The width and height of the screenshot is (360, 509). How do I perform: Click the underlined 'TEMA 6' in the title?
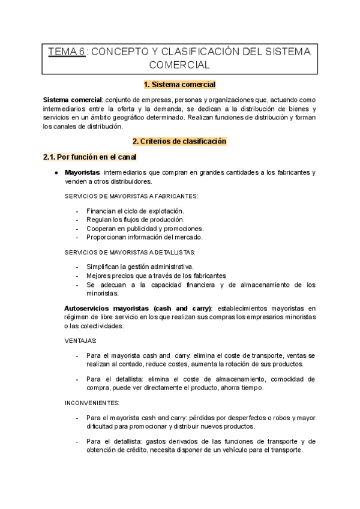pos(67,52)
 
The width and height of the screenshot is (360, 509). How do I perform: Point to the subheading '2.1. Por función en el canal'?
pos(90,157)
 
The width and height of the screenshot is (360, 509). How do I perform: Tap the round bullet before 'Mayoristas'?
pos(56,173)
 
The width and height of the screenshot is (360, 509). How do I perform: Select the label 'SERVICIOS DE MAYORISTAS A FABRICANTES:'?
pos(131,197)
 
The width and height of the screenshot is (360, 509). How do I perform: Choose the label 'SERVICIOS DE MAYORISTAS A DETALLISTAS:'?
pos(129,252)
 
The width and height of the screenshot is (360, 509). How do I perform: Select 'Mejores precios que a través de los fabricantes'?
pos(156,276)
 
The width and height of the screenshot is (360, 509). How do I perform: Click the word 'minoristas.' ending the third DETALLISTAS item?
pos(103,294)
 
